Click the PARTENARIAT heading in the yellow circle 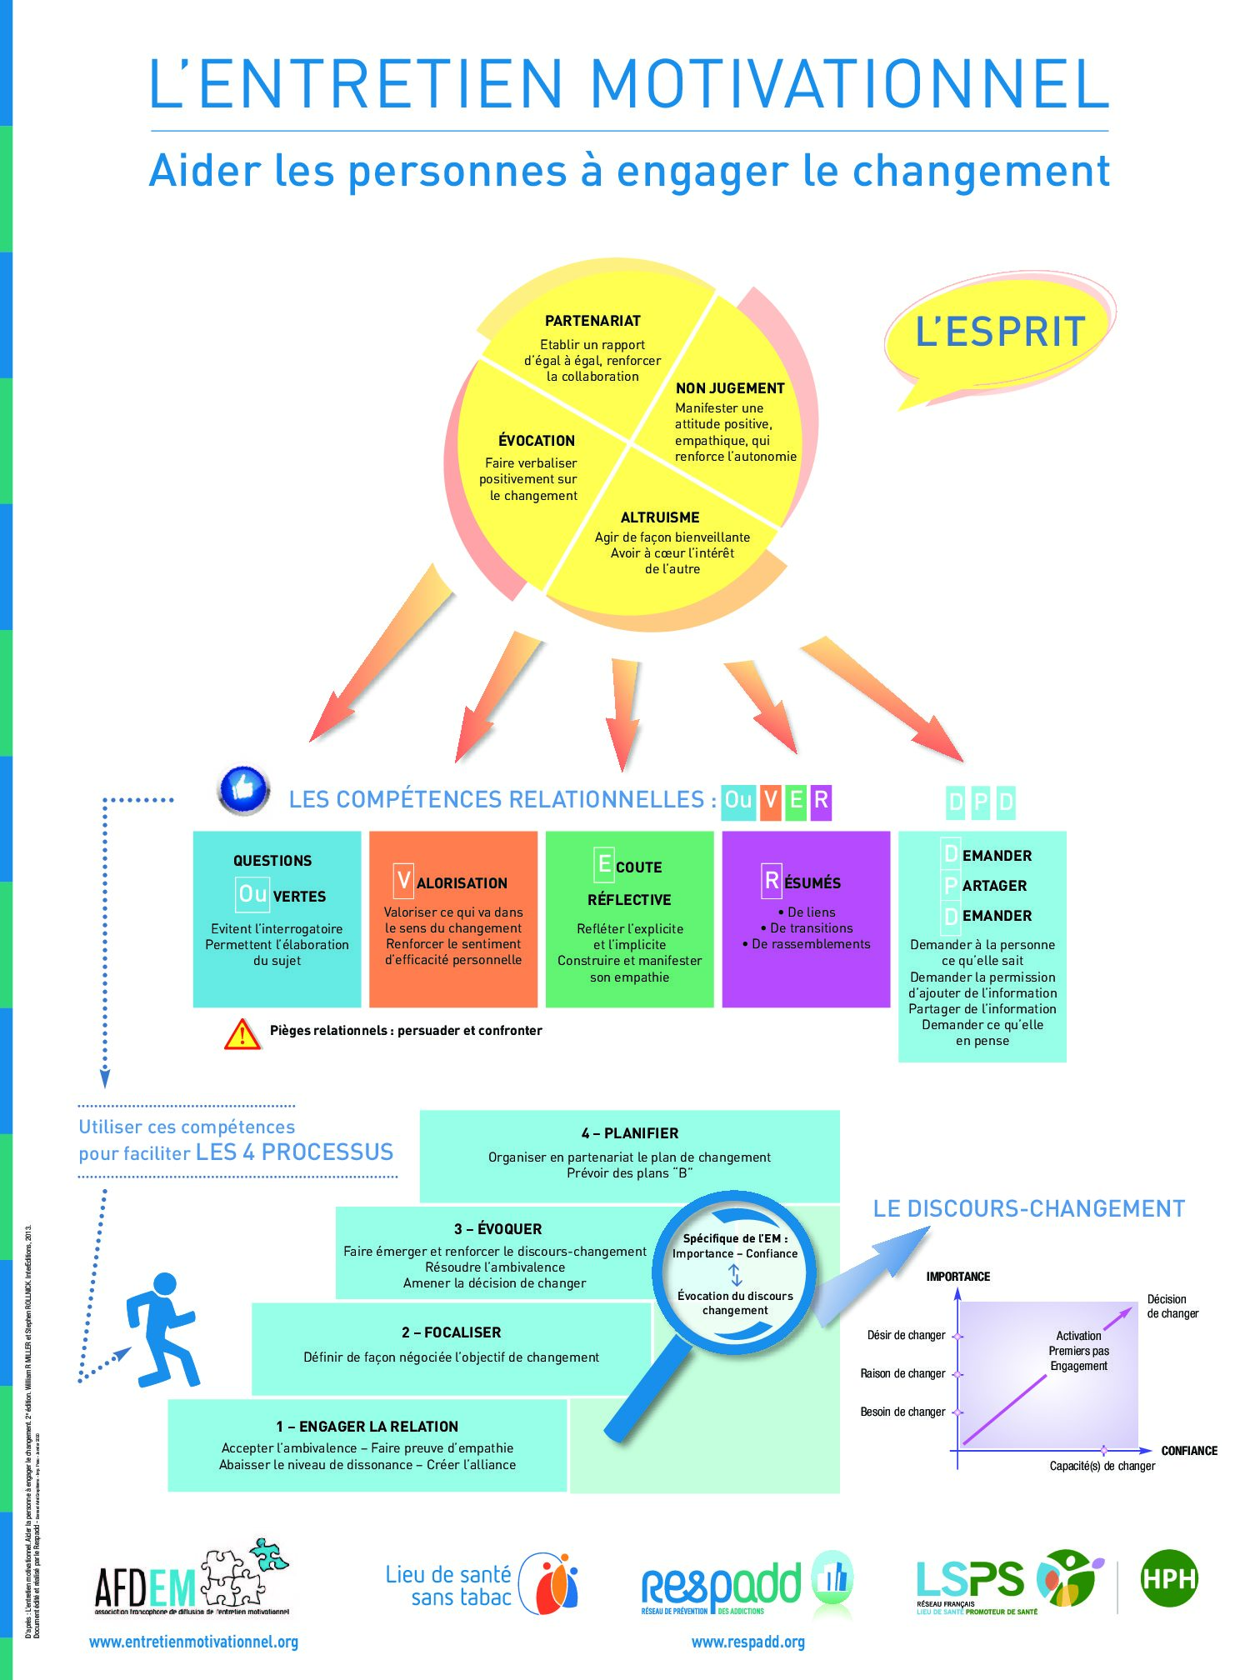click(592, 321)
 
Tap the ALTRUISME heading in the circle click(660, 517)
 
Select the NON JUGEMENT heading click(730, 388)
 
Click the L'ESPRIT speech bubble click(1000, 332)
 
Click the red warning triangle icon click(242, 1034)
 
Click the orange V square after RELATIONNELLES click(771, 801)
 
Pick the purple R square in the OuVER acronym click(821, 801)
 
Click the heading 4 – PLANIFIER click(630, 1133)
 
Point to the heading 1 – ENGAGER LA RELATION click(367, 1427)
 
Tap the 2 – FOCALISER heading click(451, 1332)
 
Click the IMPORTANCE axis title click(958, 1277)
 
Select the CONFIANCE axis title click(1189, 1451)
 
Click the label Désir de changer click(906, 1335)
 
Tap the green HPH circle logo click(1168, 1578)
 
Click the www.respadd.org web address click(747, 1642)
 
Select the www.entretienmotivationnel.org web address click(193, 1642)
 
